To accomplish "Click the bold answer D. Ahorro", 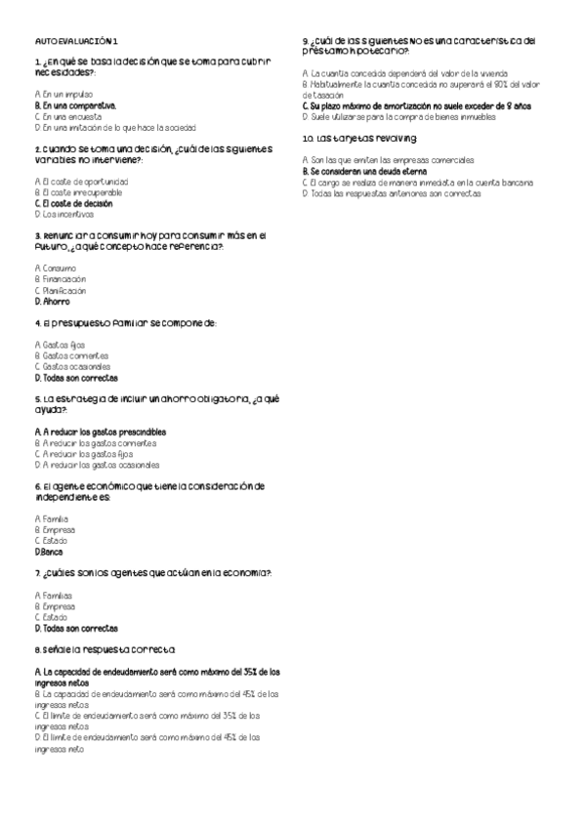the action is pyautogui.click(x=54, y=302).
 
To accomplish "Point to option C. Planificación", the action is pyautogui.click(x=60, y=290).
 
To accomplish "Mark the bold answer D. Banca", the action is pyautogui.click(x=48, y=551).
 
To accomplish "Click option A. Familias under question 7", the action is pyautogui.click(x=54, y=595).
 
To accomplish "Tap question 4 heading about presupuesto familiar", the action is pyautogui.click(x=125, y=323).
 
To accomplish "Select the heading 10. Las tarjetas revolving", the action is pyautogui.click(x=360, y=139).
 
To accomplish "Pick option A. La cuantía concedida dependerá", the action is pyautogui.click(x=403, y=73).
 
